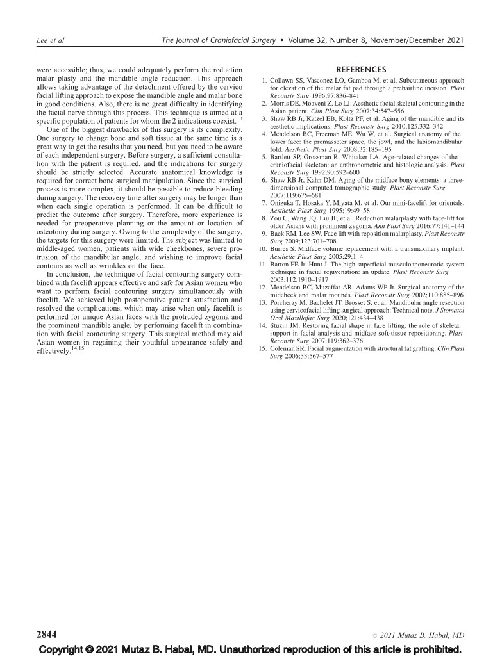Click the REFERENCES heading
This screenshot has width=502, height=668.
coord(360,69)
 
